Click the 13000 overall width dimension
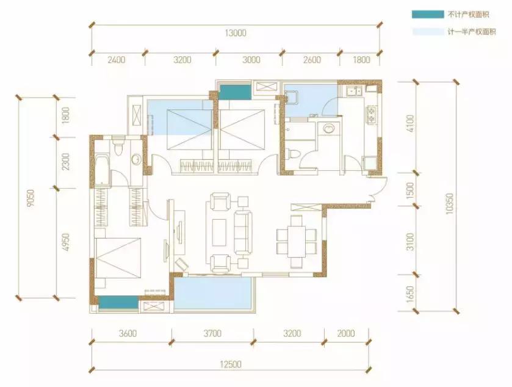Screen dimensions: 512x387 click(236, 33)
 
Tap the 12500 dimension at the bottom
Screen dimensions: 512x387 click(231, 364)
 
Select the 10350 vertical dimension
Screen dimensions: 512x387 click(450, 204)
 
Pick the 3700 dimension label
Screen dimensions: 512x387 click(212, 333)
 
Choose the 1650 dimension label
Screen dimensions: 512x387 click(410, 294)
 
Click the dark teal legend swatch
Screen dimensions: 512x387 click(428, 15)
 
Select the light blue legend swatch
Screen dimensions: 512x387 click(428, 32)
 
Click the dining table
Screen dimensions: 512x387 click(297, 242)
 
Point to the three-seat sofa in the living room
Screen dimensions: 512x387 click(243, 233)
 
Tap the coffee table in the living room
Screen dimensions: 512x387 click(219, 233)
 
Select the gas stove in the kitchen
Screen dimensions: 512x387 click(372, 115)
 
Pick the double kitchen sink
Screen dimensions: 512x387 click(353, 91)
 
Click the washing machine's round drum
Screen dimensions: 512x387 click(329, 128)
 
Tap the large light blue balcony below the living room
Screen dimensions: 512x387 click(214, 293)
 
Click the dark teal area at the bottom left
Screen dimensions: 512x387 click(118, 302)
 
